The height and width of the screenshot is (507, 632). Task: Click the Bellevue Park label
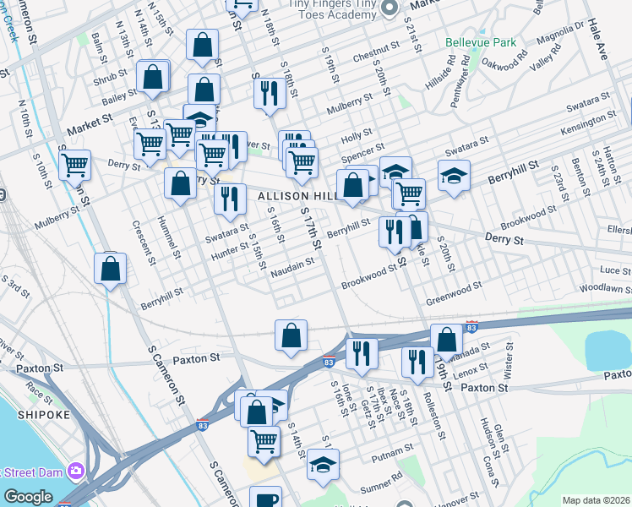[x=480, y=41]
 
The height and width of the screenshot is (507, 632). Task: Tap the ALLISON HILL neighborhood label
[x=289, y=196]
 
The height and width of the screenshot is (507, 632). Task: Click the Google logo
[x=28, y=497]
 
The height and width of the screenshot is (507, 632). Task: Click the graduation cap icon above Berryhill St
[x=454, y=176]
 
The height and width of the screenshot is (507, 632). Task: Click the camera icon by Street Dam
[x=77, y=470]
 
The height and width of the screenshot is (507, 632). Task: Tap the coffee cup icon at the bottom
[x=264, y=499]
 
